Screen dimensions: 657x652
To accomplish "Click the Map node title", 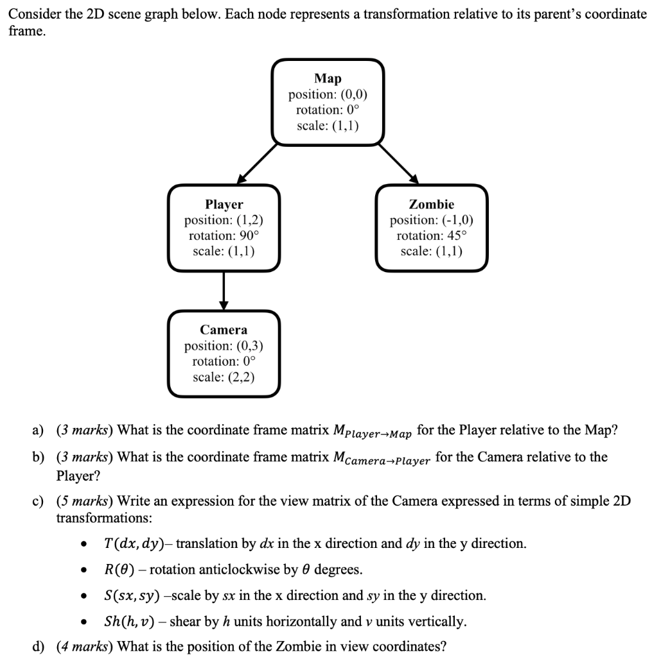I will point(328,78).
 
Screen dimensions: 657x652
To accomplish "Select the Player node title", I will point(224,204).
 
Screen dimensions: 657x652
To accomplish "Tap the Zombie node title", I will point(431,204).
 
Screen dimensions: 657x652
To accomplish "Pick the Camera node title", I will point(224,330).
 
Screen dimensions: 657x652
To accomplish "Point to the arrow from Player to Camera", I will point(224,289).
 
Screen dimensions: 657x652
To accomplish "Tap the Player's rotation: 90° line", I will point(224,235).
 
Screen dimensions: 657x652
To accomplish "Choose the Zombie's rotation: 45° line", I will point(431,235).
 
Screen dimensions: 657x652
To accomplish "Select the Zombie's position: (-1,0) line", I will point(431,220).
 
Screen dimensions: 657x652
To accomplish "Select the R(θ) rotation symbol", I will point(119,570).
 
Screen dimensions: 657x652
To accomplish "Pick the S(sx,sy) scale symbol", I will point(132,595).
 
